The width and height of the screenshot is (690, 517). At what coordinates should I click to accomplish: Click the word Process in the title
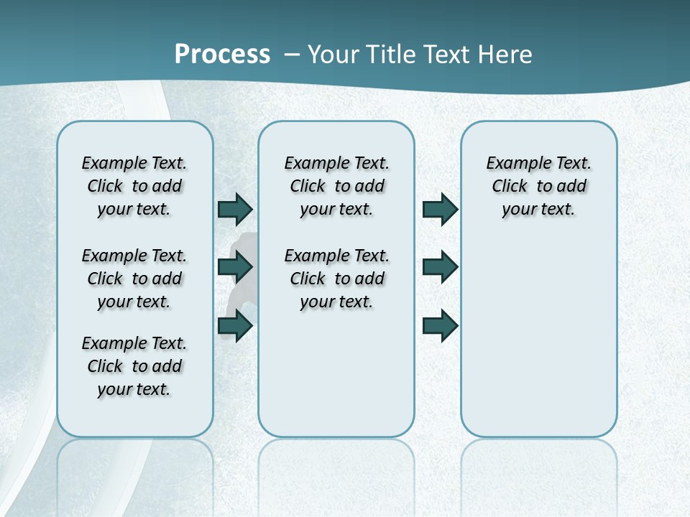click(222, 55)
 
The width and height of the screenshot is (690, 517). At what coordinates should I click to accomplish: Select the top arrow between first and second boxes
click(235, 210)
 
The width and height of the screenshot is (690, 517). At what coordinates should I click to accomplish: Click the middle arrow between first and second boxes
click(235, 267)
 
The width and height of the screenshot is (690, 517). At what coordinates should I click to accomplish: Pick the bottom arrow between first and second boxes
click(235, 326)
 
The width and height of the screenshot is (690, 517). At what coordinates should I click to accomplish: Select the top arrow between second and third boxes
click(440, 210)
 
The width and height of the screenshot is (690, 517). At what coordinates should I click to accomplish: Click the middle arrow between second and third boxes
click(440, 267)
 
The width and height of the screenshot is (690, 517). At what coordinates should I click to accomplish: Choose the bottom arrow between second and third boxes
click(440, 326)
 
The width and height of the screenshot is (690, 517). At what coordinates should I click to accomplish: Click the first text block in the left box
click(134, 186)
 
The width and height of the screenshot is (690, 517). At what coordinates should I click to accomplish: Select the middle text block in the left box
click(134, 279)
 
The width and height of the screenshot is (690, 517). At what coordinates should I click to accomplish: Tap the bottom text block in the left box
click(134, 366)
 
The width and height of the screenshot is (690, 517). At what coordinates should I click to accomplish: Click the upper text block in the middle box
click(336, 186)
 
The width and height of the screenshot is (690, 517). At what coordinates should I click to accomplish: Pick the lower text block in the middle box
click(336, 279)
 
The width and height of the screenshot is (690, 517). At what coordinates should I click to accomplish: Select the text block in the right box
click(538, 186)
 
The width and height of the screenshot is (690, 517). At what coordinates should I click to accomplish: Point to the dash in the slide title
click(292, 55)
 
